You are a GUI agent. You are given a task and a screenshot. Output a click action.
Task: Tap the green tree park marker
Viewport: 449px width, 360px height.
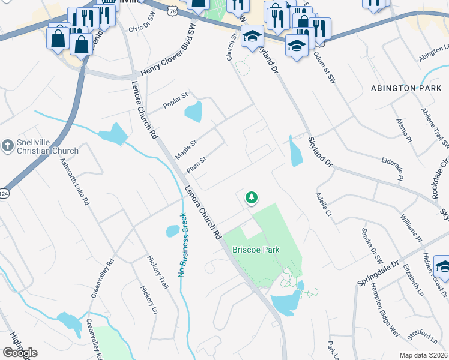point(251,197)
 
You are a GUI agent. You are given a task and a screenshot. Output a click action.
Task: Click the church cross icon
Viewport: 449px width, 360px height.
point(7,145)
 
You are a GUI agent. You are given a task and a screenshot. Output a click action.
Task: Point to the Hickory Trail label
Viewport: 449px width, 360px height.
point(158,272)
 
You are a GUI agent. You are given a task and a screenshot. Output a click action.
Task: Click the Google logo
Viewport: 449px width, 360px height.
point(20,353)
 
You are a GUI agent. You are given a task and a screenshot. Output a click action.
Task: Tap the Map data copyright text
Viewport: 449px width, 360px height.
point(423,355)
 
